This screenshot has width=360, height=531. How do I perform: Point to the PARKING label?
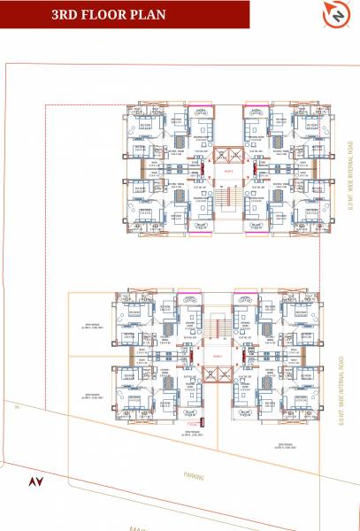pos(194,476)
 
